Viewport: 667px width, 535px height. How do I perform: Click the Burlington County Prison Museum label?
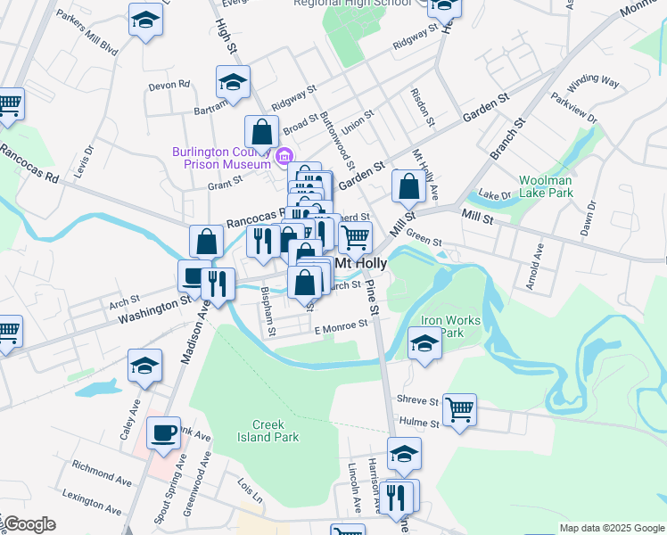coord(221,158)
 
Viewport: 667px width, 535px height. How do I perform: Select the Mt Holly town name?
coord(359,264)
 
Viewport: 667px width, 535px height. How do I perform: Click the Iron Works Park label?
coord(450,326)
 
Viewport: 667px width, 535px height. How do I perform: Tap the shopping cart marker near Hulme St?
coord(459,410)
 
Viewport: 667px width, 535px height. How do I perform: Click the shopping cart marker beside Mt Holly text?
coord(355,237)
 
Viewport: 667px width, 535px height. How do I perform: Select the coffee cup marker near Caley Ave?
coord(163,432)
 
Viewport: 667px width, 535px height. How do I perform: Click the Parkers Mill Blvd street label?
coord(86,32)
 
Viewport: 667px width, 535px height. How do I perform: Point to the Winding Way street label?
coord(593,80)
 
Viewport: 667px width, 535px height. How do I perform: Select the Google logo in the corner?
coord(29,524)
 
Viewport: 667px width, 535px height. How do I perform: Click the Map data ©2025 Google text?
coord(611,528)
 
